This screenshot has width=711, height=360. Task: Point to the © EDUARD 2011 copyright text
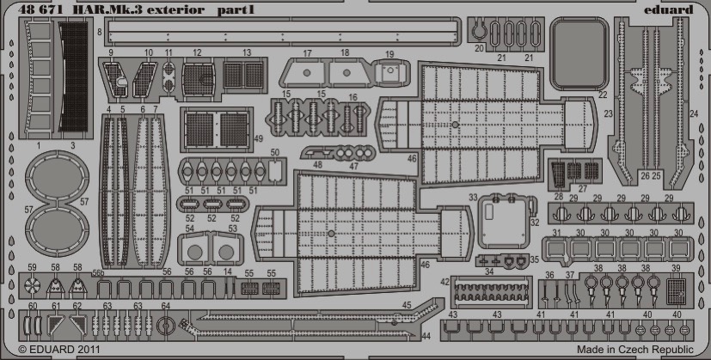(59, 350)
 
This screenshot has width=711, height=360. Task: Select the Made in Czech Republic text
(635, 350)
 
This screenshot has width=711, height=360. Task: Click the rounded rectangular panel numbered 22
(579, 54)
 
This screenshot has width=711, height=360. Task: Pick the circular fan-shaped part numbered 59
(32, 286)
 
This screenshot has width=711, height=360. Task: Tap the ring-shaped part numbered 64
(165, 325)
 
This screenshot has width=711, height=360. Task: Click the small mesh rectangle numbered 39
(677, 290)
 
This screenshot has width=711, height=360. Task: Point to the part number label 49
(258, 139)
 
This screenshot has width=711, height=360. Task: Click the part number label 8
(100, 32)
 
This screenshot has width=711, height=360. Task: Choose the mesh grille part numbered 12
(198, 79)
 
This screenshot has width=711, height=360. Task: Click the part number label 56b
(98, 272)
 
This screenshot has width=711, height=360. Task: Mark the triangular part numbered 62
(77, 323)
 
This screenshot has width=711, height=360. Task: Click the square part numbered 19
(390, 71)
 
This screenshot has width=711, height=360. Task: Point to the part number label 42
(444, 282)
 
